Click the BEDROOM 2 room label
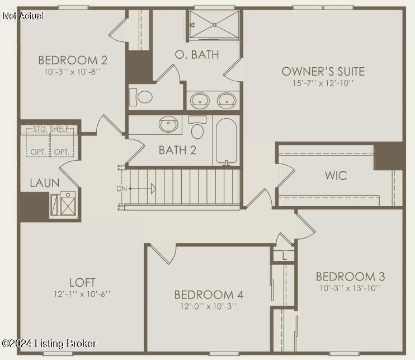tap(73, 60)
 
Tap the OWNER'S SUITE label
tap(323, 71)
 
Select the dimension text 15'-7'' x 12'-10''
tap(323, 83)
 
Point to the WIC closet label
tap(336, 175)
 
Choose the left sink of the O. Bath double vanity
tap(199, 101)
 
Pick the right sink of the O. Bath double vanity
tap(227, 101)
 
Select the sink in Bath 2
tap(168, 124)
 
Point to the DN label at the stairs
tap(122, 189)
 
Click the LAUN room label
tap(45, 183)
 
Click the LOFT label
tap(82, 282)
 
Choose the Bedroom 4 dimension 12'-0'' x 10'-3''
tap(209, 307)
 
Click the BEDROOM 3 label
tap(350, 276)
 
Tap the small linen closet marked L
tap(284, 256)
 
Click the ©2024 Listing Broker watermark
tap(49, 343)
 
